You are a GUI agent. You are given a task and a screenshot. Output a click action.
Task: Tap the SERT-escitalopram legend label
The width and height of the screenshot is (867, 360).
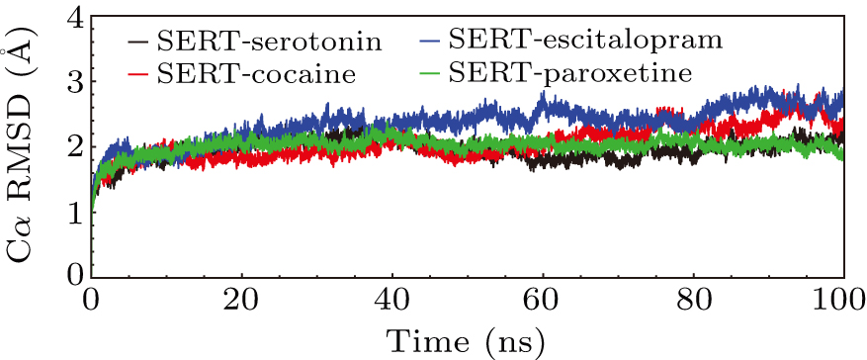[585, 41]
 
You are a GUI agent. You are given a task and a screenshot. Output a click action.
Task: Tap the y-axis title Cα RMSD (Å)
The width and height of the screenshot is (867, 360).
[22, 148]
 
